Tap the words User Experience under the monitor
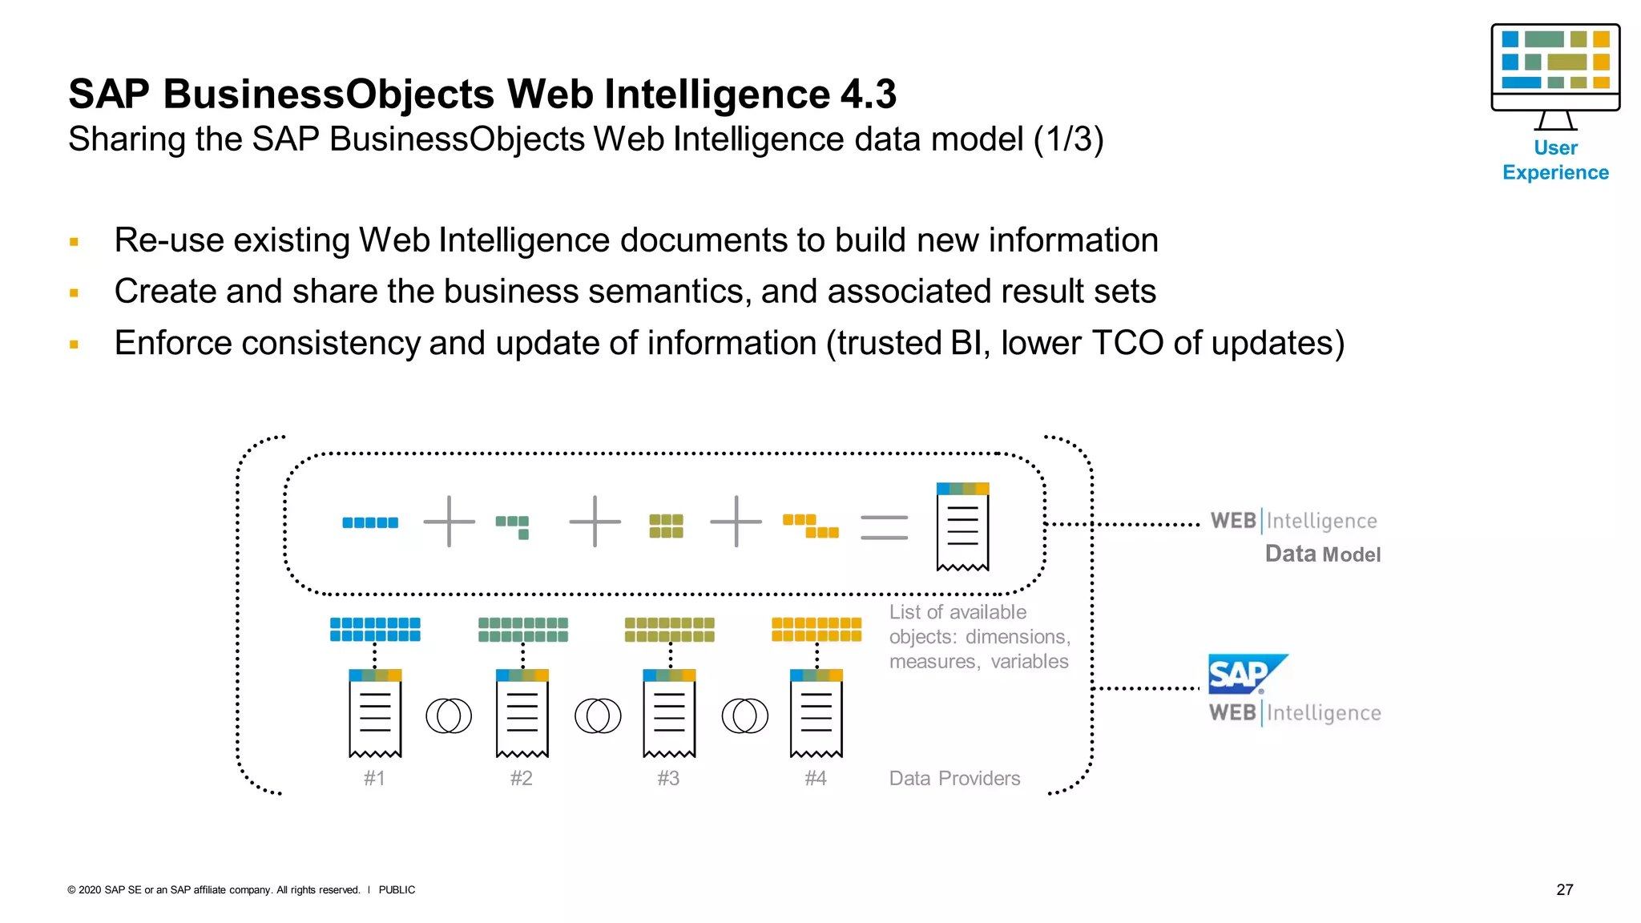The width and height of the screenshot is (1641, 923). pos(1554,160)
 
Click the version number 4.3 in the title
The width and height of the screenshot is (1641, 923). pos(868,94)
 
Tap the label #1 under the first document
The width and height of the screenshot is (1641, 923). pos(374,778)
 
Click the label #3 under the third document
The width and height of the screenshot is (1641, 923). pos(668,778)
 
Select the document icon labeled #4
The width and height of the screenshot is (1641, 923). pos(816,713)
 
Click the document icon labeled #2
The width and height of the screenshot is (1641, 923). pos(522,713)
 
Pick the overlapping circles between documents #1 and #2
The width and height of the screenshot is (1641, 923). pos(449,715)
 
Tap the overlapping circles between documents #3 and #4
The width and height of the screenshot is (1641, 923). pos(744,715)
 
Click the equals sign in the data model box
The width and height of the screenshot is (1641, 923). pos(884,527)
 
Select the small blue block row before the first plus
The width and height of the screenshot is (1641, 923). pos(370,522)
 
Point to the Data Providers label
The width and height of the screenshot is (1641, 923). pos(954,778)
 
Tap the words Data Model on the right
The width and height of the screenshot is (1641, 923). pos(1322,554)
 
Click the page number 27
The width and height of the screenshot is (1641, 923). pos(1564,889)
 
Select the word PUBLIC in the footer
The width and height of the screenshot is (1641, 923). pos(397,889)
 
